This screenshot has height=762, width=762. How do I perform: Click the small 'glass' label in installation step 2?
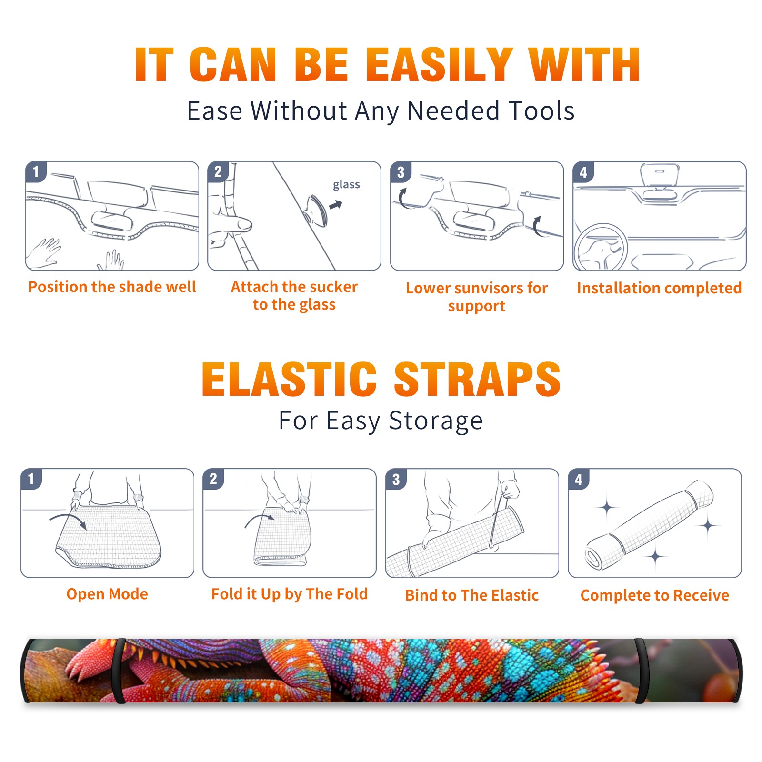[x=346, y=185]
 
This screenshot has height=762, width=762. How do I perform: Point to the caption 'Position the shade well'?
[x=112, y=287]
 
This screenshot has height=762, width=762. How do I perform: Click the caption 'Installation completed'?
[x=659, y=288]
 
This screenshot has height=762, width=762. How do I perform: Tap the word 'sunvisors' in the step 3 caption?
[x=487, y=288]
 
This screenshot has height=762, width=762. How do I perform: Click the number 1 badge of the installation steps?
[x=36, y=171]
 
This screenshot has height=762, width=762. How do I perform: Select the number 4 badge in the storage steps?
[x=579, y=479]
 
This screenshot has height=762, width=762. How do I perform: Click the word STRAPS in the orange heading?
[x=477, y=379]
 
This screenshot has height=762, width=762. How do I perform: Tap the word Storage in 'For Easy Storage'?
[x=436, y=421]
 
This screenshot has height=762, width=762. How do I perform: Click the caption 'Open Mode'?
[x=107, y=594]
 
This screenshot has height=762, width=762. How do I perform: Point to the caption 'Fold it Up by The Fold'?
[x=290, y=594]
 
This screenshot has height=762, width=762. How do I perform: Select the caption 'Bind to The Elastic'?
[x=472, y=595]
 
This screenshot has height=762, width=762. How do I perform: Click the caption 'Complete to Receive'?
[x=655, y=595]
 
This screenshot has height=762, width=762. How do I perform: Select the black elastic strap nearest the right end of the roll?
[x=641, y=671]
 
